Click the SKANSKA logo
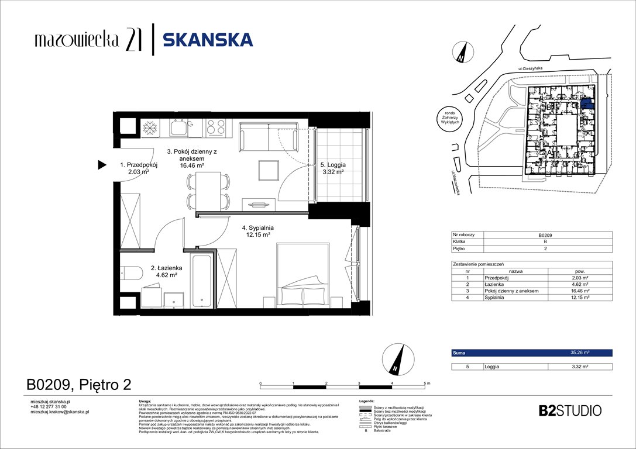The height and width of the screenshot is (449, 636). pyautogui.click(x=207, y=40)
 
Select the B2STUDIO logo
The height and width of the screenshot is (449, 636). pyautogui.click(x=569, y=410)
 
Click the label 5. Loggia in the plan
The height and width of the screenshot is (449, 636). pyautogui.click(x=332, y=165)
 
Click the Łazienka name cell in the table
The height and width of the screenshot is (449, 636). pyautogui.click(x=515, y=285)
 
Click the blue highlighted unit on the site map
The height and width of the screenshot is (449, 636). pyautogui.click(x=588, y=106)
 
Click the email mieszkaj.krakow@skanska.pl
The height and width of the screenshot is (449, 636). pyautogui.click(x=59, y=412)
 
